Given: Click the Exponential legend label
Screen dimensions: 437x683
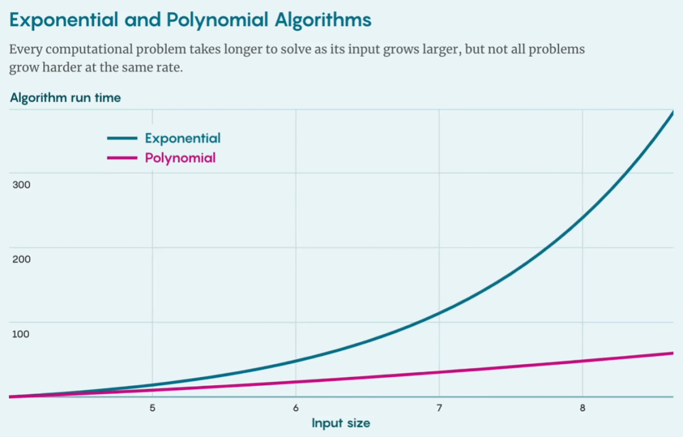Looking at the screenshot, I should coord(183,138).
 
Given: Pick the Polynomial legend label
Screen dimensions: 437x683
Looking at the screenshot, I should coord(180,157).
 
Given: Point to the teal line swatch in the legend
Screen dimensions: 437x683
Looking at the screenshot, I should coord(122,138).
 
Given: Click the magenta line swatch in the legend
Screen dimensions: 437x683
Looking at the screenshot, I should coord(122,158).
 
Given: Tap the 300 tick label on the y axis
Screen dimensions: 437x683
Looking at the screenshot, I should coord(22,185).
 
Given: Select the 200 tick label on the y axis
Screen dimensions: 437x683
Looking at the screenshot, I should coord(22,259).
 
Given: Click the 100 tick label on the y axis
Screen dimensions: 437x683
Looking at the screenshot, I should coord(22,334).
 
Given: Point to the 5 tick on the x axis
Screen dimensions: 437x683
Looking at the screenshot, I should coord(152,409).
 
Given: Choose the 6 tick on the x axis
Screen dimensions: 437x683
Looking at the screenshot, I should coord(296,409).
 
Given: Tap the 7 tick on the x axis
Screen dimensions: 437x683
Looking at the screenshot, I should coord(439,409).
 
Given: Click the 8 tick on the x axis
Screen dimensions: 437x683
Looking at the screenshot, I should coord(582,409).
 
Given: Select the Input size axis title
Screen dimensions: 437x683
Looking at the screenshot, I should coord(341,423).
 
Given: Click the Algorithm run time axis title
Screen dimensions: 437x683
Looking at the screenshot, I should coord(65,98).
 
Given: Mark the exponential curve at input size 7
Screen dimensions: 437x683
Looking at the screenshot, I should coord(439,313).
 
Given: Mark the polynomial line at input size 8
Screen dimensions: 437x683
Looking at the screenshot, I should coord(582,361).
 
